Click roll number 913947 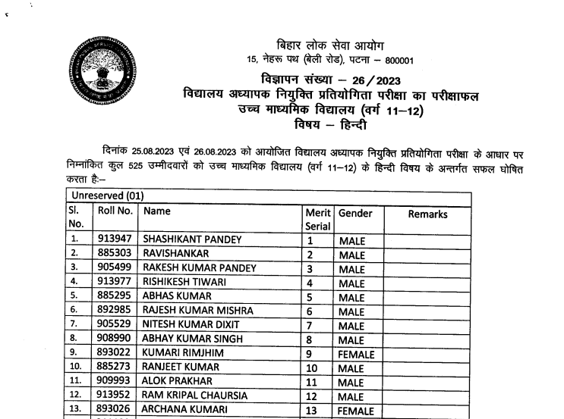pos(115,240)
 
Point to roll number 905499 pos(115,268)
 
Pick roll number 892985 pos(115,311)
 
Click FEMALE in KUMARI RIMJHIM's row pos(357,354)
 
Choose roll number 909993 pos(115,382)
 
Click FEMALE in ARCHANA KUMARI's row pos(357,411)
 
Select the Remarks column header pos(427,214)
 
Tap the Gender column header pos(355,214)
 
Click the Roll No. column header pos(115,213)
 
